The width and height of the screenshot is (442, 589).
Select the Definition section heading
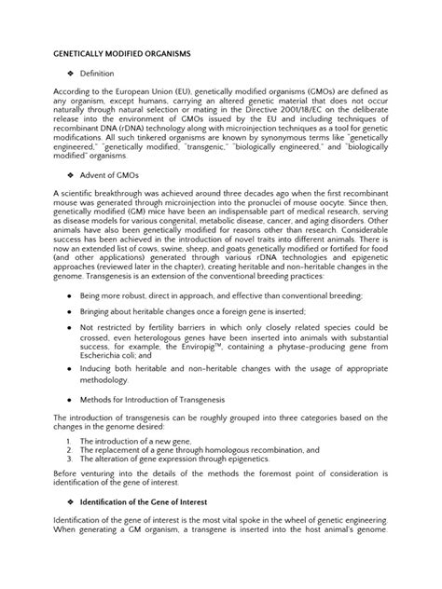[x=96, y=72]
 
